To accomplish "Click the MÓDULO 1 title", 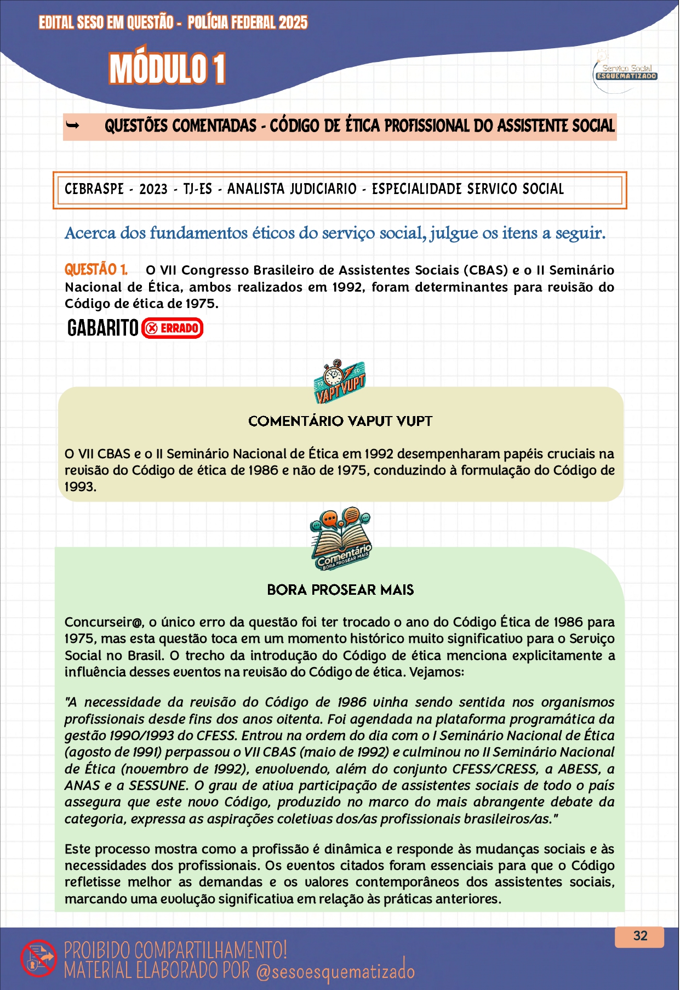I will point(167,69).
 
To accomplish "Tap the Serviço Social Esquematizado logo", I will point(625,72).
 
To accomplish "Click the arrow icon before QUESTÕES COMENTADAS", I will point(72,126).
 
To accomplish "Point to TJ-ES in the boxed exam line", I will point(197,189).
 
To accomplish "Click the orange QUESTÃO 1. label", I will point(96,270).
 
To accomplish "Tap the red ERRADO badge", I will point(173,328).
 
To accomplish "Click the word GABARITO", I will point(102,328).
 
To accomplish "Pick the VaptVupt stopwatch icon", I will point(339,381).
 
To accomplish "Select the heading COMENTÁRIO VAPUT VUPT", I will point(340,421).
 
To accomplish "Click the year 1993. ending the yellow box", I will point(80,487).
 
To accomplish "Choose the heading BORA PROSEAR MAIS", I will point(340,590).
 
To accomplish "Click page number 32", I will point(640,936).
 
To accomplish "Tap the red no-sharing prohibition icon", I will point(38,958).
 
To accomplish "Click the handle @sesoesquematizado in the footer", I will point(335,971).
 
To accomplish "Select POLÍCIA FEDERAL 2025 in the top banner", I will point(247,22).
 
